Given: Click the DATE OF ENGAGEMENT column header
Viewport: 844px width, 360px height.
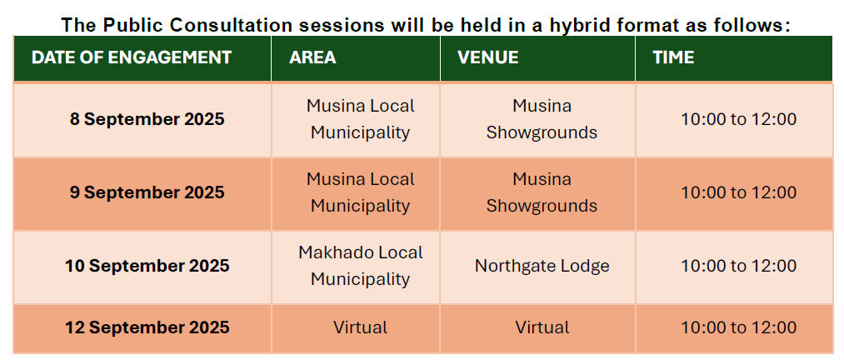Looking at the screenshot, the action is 132,57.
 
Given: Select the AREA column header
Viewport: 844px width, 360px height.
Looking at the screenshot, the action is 312,57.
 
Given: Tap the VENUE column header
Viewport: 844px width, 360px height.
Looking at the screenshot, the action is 488,57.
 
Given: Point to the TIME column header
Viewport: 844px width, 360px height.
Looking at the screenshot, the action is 674,57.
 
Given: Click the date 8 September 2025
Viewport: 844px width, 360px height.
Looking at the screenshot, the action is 147,119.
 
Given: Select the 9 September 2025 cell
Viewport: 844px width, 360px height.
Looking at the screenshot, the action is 147,192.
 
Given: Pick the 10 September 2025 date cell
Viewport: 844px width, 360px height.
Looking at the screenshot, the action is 147,266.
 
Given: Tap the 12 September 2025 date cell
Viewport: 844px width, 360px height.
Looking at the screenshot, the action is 147,327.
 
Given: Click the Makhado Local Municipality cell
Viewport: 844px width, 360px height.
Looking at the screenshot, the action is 361,266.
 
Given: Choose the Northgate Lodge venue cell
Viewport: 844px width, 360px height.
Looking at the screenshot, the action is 542,266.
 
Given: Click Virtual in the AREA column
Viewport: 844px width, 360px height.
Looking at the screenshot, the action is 361,327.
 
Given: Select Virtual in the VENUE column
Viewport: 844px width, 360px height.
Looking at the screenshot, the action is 542,327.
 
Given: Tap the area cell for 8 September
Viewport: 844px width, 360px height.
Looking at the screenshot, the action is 361,119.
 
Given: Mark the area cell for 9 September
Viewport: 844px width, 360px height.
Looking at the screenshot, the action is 361,192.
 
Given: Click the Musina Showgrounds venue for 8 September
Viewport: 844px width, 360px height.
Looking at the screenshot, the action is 542,119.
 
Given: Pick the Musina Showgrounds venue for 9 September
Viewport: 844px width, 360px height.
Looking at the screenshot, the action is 542,192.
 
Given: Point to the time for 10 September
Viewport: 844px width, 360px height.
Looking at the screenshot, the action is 739,266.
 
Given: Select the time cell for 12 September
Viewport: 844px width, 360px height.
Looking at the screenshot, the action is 739,327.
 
